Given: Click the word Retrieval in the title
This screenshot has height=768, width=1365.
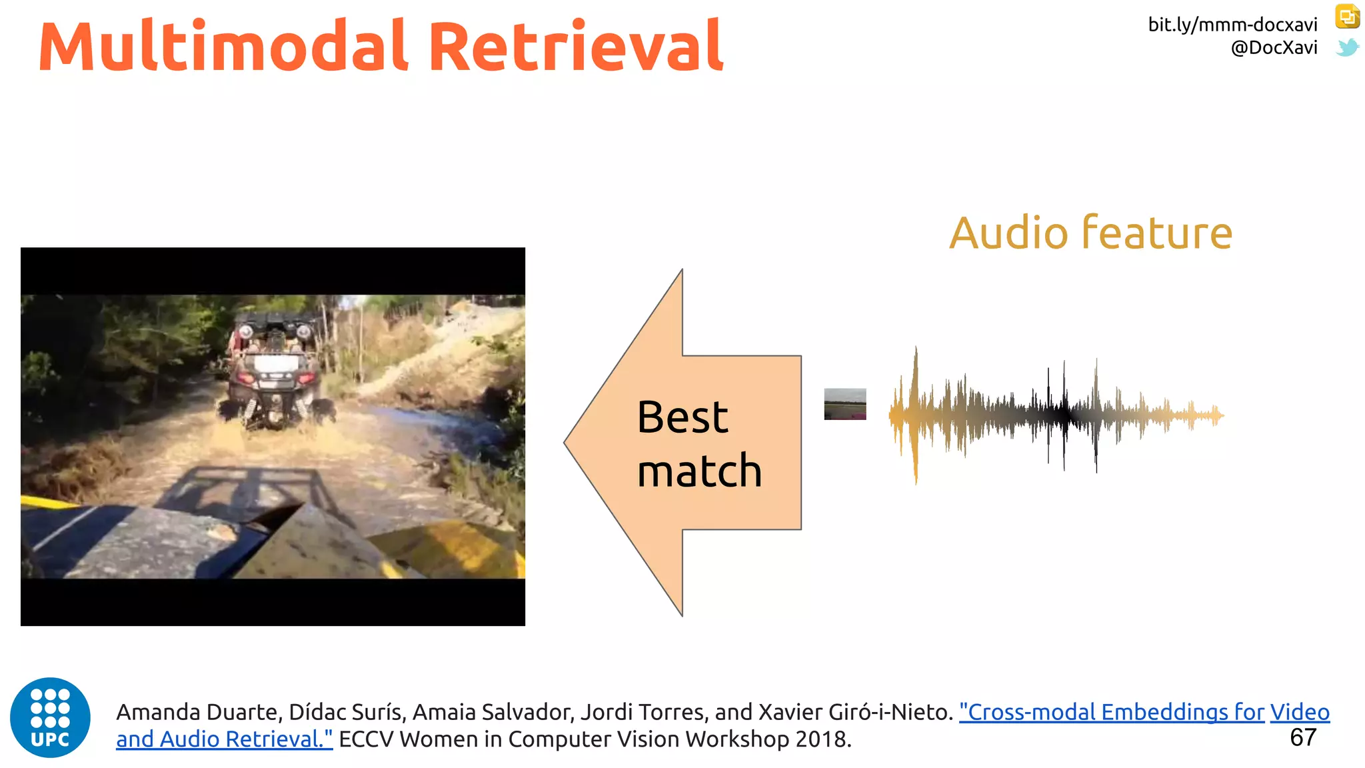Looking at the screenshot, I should pyautogui.click(x=576, y=47).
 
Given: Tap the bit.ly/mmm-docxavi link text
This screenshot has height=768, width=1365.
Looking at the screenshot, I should pyautogui.click(x=1232, y=25).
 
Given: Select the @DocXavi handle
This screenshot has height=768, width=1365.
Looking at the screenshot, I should pyautogui.click(x=1274, y=48).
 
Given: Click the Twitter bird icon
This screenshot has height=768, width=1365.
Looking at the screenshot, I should pyautogui.click(x=1347, y=48).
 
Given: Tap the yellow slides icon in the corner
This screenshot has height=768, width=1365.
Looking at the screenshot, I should pyautogui.click(x=1347, y=17).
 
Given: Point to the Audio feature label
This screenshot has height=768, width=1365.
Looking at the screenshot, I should pyautogui.click(x=1090, y=233).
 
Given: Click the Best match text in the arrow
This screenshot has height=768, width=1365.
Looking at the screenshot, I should pyautogui.click(x=698, y=444).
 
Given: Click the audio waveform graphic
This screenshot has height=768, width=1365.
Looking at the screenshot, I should pyautogui.click(x=1056, y=415).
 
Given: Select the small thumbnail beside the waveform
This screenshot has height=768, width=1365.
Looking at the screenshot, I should pyautogui.click(x=845, y=404).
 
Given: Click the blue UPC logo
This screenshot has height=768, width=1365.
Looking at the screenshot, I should pyautogui.click(x=50, y=717).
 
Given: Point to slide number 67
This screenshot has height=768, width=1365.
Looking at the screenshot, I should pyautogui.click(x=1303, y=738).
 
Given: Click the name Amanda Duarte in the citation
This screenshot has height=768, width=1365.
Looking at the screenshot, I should pyautogui.click(x=199, y=713).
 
